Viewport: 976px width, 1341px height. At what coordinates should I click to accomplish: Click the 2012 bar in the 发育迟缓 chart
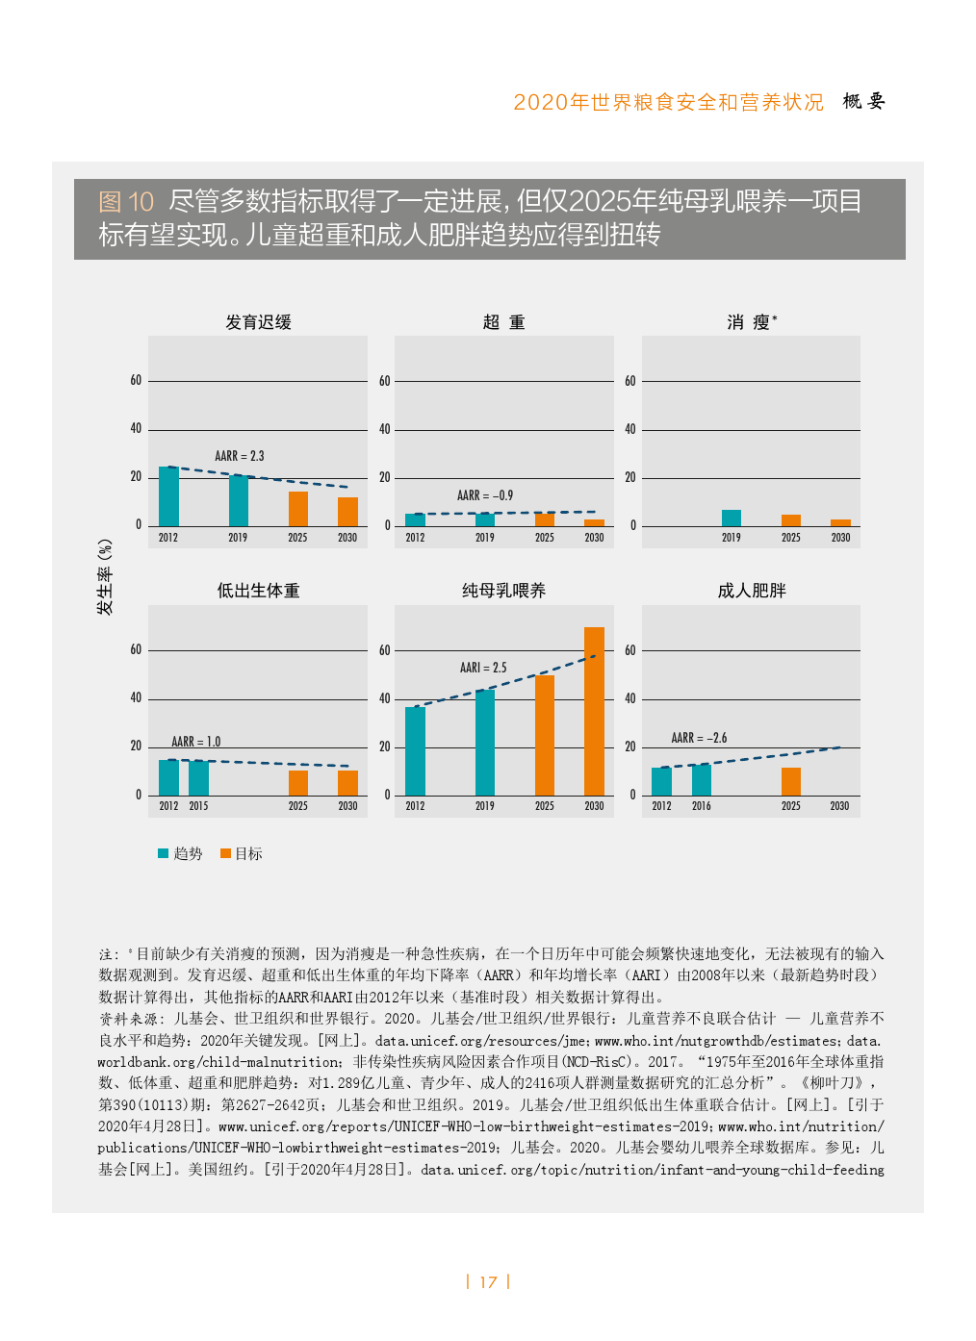pyautogui.click(x=168, y=496)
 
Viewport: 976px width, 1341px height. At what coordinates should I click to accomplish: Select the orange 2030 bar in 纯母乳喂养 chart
pyautogui.click(x=594, y=711)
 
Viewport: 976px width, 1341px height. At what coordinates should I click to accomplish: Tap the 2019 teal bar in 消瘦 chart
pyautogui.click(x=732, y=518)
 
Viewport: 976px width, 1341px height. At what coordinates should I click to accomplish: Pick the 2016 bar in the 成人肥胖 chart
pyautogui.click(x=702, y=779)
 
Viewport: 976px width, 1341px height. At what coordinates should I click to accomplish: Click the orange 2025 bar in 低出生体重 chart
pyautogui.click(x=298, y=782)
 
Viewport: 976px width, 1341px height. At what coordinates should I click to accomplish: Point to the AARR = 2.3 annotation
pyautogui.click(x=239, y=456)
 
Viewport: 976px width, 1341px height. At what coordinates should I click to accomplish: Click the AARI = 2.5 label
pyautogui.click(x=483, y=668)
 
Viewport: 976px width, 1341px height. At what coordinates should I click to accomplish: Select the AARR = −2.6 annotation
pyautogui.click(x=699, y=738)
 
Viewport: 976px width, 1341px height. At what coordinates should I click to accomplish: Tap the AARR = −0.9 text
pyautogui.click(x=485, y=495)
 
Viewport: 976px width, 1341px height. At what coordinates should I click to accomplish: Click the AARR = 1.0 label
pyautogui.click(x=195, y=742)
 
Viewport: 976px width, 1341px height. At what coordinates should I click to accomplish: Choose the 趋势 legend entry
pyautogui.click(x=181, y=853)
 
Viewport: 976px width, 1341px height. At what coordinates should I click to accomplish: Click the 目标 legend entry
pyautogui.click(x=242, y=853)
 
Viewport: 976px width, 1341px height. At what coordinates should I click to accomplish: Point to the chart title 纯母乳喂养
pyautogui.click(x=503, y=591)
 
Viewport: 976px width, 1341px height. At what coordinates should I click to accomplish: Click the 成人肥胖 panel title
pyautogui.click(x=752, y=591)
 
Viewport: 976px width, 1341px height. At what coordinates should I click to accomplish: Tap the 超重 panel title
pyautogui.click(x=503, y=322)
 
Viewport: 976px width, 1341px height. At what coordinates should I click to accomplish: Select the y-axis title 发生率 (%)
pyautogui.click(x=105, y=577)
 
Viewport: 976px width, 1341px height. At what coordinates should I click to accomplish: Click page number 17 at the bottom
pyautogui.click(x=488, y=1282)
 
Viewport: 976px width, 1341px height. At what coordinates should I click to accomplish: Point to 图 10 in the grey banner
pyautogui.click(x=126, y=202)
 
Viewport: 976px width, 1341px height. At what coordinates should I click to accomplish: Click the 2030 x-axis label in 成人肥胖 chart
pyautogui.click(x=839, y=806)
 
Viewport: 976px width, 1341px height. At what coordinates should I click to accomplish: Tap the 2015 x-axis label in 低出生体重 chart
pyautogui.click(x=198, y=806)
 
